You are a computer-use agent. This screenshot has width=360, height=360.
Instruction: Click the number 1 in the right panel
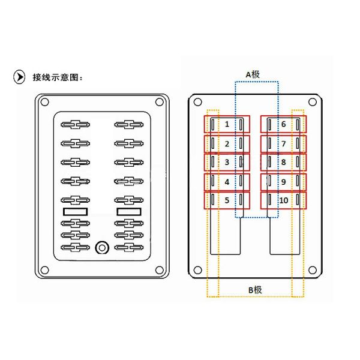[x=227, y=124]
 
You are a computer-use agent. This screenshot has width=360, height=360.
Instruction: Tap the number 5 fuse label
[x=227, y=200]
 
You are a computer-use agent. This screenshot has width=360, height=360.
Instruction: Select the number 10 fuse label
[x=284, y=200]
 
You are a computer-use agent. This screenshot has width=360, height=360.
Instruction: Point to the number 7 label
[x=284, y=144]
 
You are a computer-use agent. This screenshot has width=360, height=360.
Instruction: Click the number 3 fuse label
[x=227, y=163]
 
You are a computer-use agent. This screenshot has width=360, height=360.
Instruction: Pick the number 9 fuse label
[x=284, y=182]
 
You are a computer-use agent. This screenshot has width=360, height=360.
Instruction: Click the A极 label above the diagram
[x=253, y=74]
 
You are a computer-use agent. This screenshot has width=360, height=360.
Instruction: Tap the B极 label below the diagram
[x=255, y=290]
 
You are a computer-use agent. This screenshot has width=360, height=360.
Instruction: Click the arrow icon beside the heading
[x=19, y=77]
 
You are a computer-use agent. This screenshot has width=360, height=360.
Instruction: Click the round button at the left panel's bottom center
[x=102, y=248]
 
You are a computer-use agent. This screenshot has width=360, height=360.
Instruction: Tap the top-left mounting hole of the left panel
[x=44, y=102]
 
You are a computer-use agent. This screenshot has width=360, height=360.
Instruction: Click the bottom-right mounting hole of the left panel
[x=160, y=270]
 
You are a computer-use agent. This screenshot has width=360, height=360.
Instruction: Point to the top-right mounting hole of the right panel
[x=312, y=102]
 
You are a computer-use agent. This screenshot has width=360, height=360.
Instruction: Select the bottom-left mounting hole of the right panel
[x=197, y=270]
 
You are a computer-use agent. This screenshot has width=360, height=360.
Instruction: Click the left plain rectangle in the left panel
[x=76, y=212]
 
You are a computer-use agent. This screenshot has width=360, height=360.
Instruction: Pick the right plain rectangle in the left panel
[x=129, y=212]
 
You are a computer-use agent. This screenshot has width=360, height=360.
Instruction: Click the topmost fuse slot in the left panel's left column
[x=76, y=125]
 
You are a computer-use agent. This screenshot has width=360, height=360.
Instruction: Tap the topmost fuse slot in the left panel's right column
[x=129, y=125]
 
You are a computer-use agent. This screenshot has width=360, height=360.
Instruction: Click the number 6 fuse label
[x=284, y=124]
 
